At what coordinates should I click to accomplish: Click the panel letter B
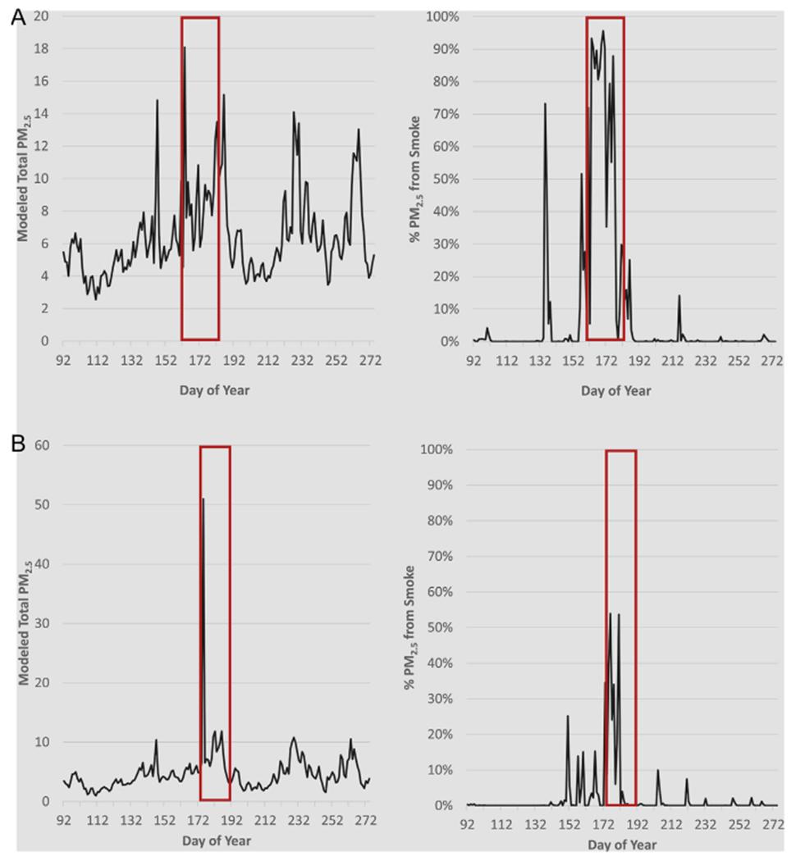[17, 444]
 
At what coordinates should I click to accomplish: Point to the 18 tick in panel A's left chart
[41, 48]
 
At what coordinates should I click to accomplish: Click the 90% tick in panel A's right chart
[446, 48]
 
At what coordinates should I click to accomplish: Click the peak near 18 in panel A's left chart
[184, 48]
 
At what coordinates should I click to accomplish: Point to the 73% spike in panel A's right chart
[545, 104]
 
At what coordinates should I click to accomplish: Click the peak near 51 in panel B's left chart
[203, 499]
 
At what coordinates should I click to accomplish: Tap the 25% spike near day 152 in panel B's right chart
[567, 716]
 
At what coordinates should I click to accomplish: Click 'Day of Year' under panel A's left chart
[215, 390]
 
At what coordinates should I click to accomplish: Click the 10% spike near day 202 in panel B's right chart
[657, 770]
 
